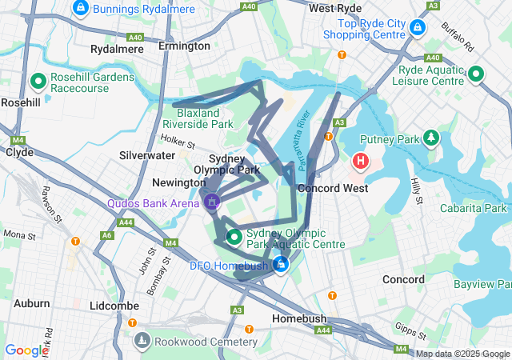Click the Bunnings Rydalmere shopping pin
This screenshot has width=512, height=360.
pos(80,9)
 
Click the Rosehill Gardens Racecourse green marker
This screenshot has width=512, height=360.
pos(37,81)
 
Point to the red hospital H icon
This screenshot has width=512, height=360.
pos(361,162)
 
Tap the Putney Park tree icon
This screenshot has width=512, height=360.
pos(432,138)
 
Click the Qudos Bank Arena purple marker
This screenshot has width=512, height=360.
pos(212,202)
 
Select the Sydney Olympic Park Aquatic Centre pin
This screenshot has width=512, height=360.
pos(234,237)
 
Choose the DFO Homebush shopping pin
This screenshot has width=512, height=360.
pos(280,264)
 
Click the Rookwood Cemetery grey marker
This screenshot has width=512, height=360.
pos(142,342)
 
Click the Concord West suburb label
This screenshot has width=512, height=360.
pos(332,188)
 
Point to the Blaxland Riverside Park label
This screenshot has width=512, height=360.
pos(198,118)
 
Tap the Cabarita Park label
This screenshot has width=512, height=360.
pos(473,209)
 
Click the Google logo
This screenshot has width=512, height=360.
pos(26,350)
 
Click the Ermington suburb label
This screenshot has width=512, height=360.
pos(184,46)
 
